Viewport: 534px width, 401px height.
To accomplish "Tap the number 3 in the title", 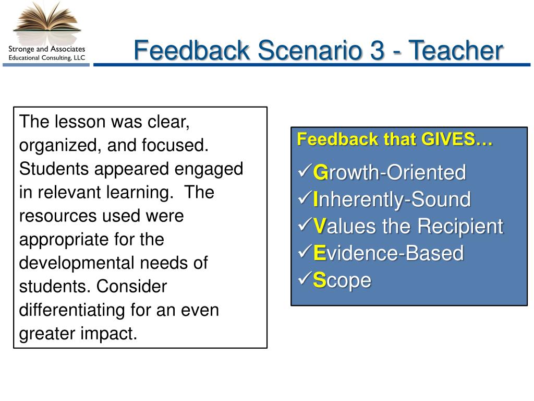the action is pyautogui.click(x=377, y=51).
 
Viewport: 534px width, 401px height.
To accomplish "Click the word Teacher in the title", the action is pyautogui.click(x=456, y=51).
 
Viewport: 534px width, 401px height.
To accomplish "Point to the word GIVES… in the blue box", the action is pyautogui.click(x=457, y=139).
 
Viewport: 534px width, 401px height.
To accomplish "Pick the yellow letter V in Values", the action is pyautogui.click(x=320, y=226).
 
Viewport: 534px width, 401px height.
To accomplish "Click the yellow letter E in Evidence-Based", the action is pyautogui.click(x=320, y=253).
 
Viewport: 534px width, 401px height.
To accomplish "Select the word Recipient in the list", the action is pyautogui.click(x=460, y=227).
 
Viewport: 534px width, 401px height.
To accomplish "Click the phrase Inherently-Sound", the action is pyautogui.click(x=392, y=199).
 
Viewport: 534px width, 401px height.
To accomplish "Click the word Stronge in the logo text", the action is pyautogui.click(x=20, y=50).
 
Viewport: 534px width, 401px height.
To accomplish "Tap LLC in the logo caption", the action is pyautogui.click(x=79, y=57).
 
